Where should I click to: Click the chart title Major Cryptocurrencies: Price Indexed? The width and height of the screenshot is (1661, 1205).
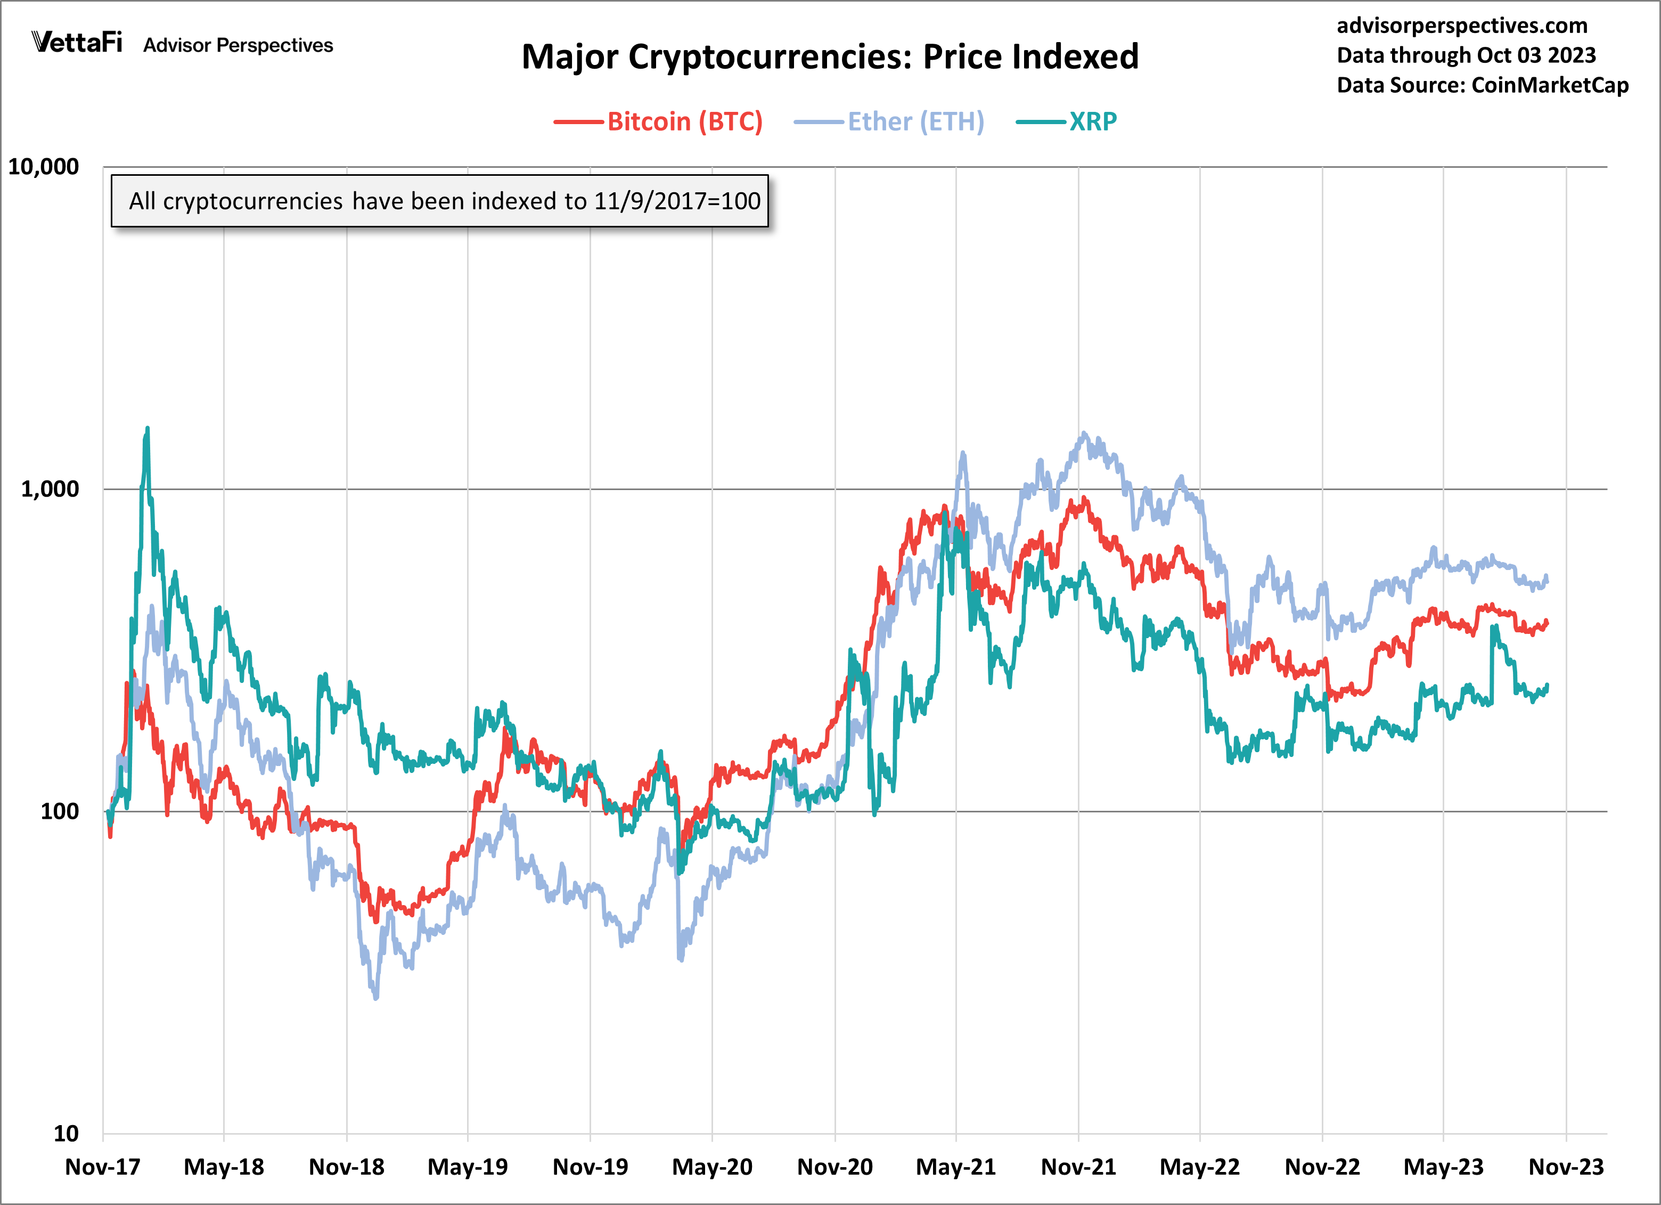pyautogui.click(x=829, y=57)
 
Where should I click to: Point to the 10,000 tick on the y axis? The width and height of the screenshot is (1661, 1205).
pyautogui.click(x=43, y=167)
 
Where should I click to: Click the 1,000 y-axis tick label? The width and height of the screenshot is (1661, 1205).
pyautogui.click(x=49, y=490)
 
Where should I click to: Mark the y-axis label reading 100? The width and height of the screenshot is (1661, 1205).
pyautogui.click(x=59, y=812)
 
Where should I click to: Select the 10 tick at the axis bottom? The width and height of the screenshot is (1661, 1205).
pyautogui.click(x=66, y=1134)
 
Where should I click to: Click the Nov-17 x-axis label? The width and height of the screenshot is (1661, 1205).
pyautogui.click(x=103, y=1167)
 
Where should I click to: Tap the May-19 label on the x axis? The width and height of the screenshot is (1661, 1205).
pyautogui.click(x=467, y=1167)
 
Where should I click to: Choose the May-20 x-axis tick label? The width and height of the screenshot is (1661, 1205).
pyautogui.click(x=712, y=1167)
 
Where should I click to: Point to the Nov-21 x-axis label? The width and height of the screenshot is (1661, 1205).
pyautogui.click(x=1078, y=1167)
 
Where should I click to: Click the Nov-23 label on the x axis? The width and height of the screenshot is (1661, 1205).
pyautogui.click(x=1566, y=1167)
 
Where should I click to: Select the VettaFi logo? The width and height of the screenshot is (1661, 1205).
pyautogui.click(x=77, y=43)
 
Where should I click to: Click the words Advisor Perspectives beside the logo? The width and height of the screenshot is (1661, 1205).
pyautogui.click(x=238, y=45)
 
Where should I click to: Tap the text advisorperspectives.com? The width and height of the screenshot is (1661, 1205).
pyautogui.click(x=1462, y=26)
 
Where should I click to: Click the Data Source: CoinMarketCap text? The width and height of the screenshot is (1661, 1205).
pyautogui.click(x=1482, y=86)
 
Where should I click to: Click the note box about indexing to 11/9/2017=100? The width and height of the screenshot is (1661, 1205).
pyautogui.click(x=439, y=201)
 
